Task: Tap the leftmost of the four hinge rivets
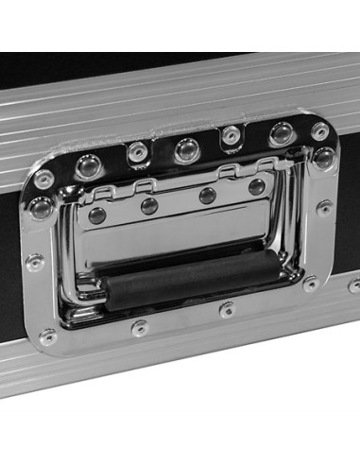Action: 97,215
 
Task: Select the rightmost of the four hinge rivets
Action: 256,187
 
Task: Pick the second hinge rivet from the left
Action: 149,205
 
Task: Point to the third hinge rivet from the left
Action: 208,196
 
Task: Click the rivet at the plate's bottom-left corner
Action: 47,336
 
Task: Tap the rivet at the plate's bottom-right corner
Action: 311,283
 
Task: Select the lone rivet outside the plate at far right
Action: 354,284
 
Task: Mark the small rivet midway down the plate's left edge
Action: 35,262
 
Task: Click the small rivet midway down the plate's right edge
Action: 324,207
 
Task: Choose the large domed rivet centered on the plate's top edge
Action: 186,148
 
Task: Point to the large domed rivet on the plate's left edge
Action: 41,208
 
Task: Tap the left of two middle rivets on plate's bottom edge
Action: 140,328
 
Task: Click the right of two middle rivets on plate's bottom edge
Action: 227,308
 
